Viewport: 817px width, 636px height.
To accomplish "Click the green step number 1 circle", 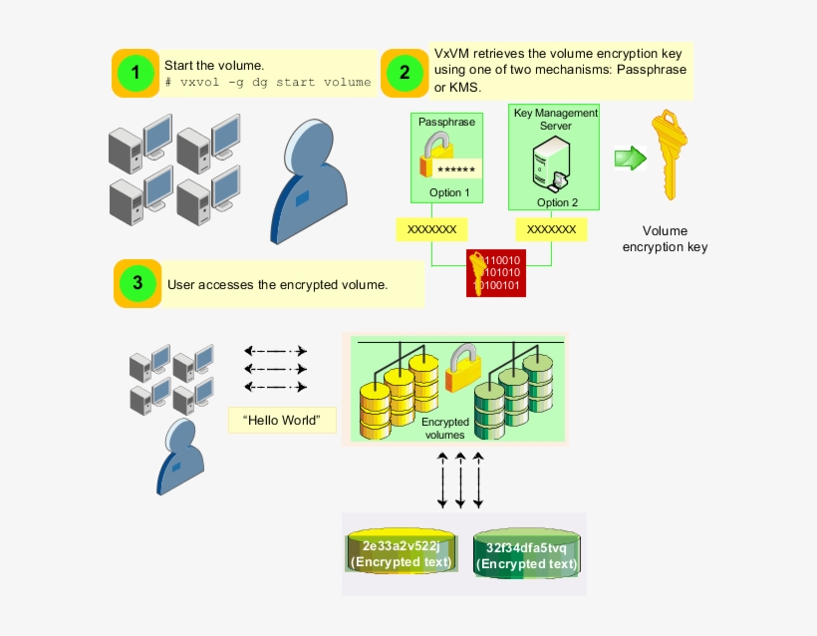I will coord(136,73).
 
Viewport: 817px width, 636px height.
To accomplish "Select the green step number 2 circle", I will coord(404,72).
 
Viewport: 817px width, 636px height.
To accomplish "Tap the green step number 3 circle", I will coord(137,283).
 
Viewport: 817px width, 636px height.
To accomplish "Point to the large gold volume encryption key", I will coord(667,156).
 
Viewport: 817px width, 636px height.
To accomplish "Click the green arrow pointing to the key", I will coord(630,158).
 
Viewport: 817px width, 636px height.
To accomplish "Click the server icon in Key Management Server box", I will coord(552,162).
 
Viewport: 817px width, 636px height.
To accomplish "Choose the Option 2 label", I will coord(557,202).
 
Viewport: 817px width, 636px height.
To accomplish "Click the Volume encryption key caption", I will coord(665,238).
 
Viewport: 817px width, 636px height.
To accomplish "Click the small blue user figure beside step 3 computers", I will coord(180,457).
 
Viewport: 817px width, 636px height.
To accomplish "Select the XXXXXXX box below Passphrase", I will coord(431,229).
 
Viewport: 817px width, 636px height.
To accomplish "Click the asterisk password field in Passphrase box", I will coord(455,168).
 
